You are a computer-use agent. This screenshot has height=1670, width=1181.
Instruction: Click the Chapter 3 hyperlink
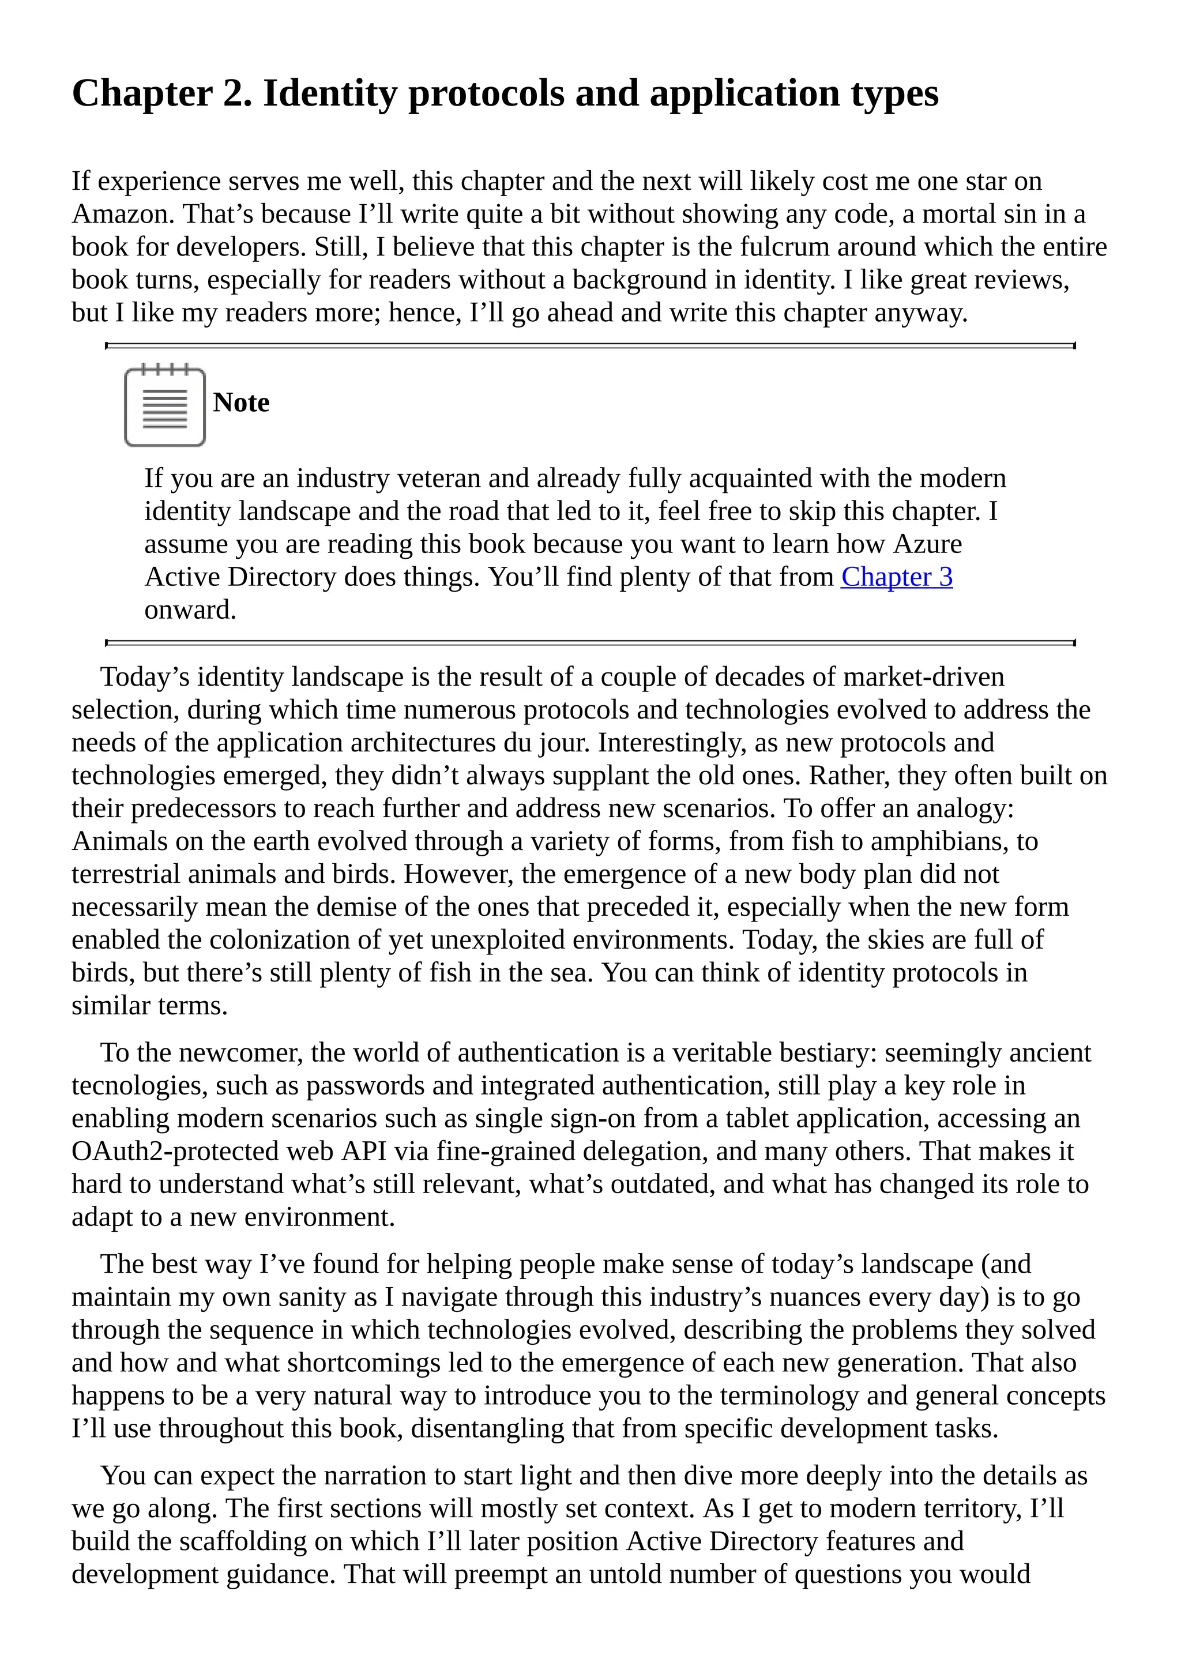pyautogui.click(x=896, y=577)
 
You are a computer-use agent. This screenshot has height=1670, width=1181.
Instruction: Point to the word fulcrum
pyautogui.click(x=785, y=247)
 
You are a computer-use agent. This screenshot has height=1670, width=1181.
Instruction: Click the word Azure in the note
pyautogui.click(x=927, y=544)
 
